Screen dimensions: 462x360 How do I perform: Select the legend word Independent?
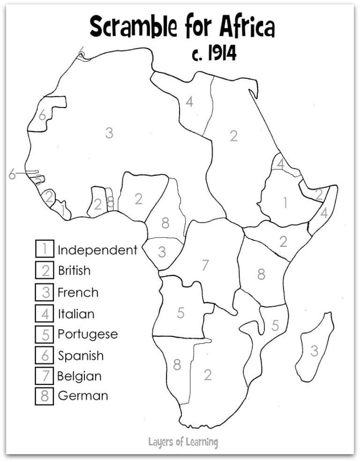(x=97, y=250)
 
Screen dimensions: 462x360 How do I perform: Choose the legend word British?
(x=74, y=270)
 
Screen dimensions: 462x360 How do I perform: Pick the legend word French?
(x=78, y=292)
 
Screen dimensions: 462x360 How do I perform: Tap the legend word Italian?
(x=76, y=313)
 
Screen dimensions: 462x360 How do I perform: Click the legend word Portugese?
(x=88, y=335)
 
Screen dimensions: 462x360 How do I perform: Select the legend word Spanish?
(x=81, y=356)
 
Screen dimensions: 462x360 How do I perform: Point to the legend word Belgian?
(x=79, y=376)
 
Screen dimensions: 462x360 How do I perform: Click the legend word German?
(x=82, y=395)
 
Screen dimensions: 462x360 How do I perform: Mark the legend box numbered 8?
(x=45, y=396)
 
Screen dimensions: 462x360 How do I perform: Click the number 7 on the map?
(x=205, y=265)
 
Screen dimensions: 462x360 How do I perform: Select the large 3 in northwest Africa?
(x=109, y=133)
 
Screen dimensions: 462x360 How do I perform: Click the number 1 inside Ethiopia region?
(x=284, y=202)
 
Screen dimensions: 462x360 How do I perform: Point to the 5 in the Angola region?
(x=180, y=313)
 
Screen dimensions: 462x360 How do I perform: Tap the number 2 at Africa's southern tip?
(x=208, y=374)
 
